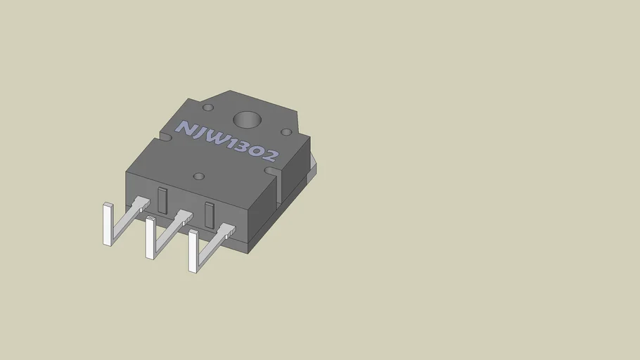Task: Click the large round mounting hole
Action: click(247, 121)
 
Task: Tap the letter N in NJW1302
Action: click(184, 129)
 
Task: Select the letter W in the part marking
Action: click(219, 141)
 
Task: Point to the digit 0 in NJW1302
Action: click(254, 153)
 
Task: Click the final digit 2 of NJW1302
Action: click(269, 157)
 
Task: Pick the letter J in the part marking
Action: click(201, 134)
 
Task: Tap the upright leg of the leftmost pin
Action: click(108, 224)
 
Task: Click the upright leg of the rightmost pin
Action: click(193, 252)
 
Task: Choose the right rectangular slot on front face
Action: click(209, 214)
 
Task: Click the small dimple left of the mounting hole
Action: click(208, 108)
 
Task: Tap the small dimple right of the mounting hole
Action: click(286, 131)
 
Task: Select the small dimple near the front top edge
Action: click(198, 176)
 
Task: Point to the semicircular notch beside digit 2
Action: click(271, 170)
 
